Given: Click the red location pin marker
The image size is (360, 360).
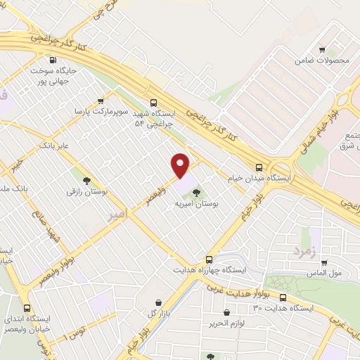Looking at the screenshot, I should pyautogui.click(x=181, y=165).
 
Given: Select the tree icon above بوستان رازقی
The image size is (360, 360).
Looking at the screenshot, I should pyautogui.click(x=86, y=180).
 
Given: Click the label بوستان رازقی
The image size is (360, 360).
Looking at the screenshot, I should pyautogui.click(x=85, y=191).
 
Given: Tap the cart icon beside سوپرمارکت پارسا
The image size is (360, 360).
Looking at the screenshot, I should pyautogui.click(x=101, y=101).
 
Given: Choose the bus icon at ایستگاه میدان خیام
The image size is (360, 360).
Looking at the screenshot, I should pyautogui.click(x=259, y=167).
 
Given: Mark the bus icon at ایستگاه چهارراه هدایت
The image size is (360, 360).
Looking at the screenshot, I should pyautogui.click(x=207, y=259).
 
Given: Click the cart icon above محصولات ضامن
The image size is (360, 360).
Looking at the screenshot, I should pyautogui.click(x=322, y=49).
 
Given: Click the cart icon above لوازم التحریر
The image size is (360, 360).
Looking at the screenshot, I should pyautogui.click(x=226, y=312).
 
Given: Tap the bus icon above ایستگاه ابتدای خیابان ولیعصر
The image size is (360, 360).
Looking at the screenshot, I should pyautogui.click(x=27, y=308).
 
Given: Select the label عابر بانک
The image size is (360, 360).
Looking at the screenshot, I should pyautogui.click(x=56, y=145).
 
